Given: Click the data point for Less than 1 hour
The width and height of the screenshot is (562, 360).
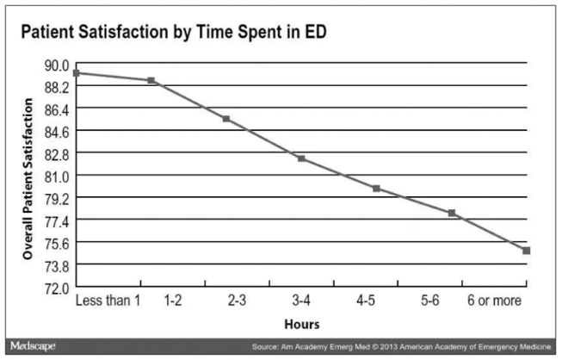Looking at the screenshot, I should [x=76, y=73].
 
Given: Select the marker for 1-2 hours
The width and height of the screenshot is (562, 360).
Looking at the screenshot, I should [x=151, y=80].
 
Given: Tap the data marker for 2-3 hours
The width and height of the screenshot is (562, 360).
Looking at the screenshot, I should [x=225, y=119].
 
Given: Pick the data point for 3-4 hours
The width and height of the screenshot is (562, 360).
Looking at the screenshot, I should [x=300, y=158].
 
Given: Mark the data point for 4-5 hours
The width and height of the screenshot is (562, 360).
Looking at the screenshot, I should [x=376, y=188].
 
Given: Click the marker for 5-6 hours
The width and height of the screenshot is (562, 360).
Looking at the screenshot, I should [x=451, y=213].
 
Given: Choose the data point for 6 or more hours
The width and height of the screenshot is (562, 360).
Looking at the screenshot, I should [x=526, y=251].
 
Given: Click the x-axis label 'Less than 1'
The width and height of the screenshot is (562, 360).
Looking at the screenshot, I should [x=108, y=301].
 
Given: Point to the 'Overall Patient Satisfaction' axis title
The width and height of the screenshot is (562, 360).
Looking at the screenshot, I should [x=28, y=179].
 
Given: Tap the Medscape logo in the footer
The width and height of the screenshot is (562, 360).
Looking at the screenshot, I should [x=32, y=346].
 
